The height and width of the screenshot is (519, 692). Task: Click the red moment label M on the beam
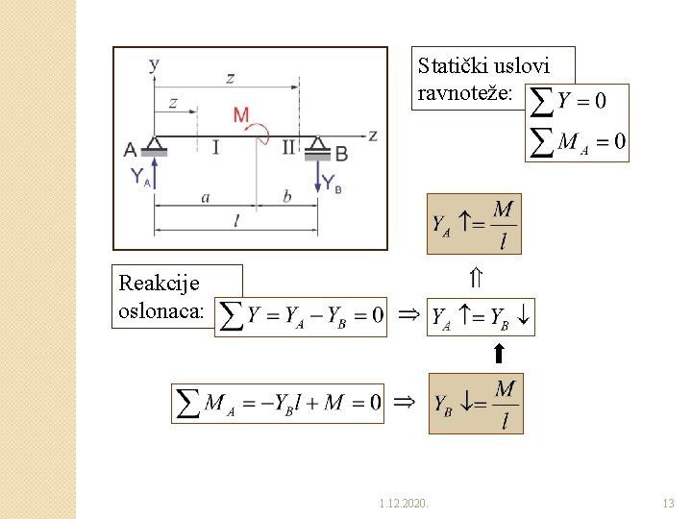coord(241,115)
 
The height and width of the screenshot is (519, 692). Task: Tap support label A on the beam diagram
coord(131,149)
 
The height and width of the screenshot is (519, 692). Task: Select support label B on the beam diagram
coord(341,154)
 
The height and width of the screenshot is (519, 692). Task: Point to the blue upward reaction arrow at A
coord(155,173)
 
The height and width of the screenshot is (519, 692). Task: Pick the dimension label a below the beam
coord(206,197)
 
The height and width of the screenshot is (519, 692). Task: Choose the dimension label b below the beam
coord(286,197)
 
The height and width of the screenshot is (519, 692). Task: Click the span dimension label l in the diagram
coord(236,221)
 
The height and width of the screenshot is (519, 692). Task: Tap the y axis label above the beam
coord(155,64)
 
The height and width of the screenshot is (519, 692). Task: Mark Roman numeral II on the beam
coord(289,147)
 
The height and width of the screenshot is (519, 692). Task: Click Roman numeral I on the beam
coord(215,147)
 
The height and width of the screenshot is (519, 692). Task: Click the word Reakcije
coord(159,284)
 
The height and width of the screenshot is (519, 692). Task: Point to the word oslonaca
coord(161,310)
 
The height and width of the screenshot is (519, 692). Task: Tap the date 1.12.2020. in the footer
coord(405,503)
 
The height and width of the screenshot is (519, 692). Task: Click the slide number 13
coord(669,503)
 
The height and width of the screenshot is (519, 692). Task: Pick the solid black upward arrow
coord(499,354)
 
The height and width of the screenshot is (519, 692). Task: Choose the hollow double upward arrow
coord(476,279)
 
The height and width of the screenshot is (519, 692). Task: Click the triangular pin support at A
coord(155,145)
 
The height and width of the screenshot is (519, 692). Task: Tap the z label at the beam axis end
coord(373,136)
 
